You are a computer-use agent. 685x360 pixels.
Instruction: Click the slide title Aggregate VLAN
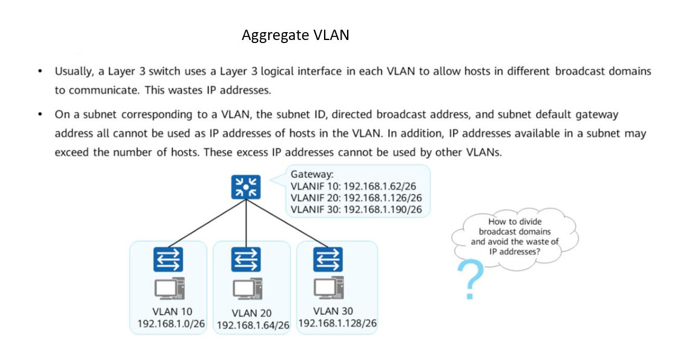coord(295,35)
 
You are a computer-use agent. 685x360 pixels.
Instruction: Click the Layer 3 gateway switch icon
coord(245,187)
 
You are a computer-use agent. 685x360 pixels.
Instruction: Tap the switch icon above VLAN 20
coord(246,260)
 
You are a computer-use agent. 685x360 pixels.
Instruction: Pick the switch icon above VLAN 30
coord(328,259)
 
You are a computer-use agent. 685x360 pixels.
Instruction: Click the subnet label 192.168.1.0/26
coord(171,324)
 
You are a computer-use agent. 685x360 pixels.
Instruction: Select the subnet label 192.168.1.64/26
coord(253,325)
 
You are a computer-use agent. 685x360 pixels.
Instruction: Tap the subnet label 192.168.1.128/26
coord(337,323)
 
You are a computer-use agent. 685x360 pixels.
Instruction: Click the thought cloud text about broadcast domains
coord(514,236)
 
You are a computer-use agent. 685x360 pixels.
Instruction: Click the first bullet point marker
coord(40,72)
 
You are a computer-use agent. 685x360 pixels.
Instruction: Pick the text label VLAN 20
coord(251,313)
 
